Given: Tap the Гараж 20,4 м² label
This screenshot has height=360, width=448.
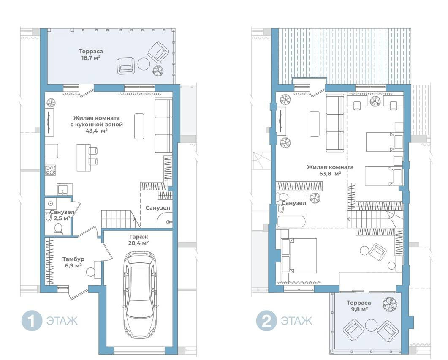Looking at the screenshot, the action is click(x=138, y=240).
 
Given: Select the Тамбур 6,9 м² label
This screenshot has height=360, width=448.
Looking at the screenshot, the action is click(x=73, y=262).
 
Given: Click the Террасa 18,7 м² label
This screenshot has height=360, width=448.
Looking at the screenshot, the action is click(x=91, y=55).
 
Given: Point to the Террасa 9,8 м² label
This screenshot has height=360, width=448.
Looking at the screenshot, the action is click(x=359, y=305).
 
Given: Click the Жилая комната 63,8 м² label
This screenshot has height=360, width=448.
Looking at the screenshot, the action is click(x=330, y=170).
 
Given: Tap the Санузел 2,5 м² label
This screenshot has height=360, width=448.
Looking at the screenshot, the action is click(x=62, y=215).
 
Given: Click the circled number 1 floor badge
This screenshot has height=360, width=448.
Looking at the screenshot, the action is click(x=32, y=321).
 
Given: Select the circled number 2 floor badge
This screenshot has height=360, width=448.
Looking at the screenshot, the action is click(x=266, y=321).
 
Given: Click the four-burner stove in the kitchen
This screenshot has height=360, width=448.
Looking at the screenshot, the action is click(x=51, y=170).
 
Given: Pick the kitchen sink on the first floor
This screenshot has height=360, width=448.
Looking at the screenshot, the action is click(x=62, y=190).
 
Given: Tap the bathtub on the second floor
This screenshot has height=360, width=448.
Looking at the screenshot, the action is click(x=292, y=221).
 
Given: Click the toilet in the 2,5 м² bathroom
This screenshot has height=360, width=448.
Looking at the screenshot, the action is click(x=58, y=229).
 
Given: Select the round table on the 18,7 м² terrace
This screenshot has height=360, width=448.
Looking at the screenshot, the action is click(x=144, y=64).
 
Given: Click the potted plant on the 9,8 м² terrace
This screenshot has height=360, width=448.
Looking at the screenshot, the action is click(x=390, y=305).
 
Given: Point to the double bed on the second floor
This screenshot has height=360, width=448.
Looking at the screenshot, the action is click(x=299, y=256).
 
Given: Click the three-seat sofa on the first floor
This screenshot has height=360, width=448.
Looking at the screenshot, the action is click(x=163, y=126).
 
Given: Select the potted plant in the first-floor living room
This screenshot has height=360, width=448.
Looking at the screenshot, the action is click(x=51, y=102).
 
